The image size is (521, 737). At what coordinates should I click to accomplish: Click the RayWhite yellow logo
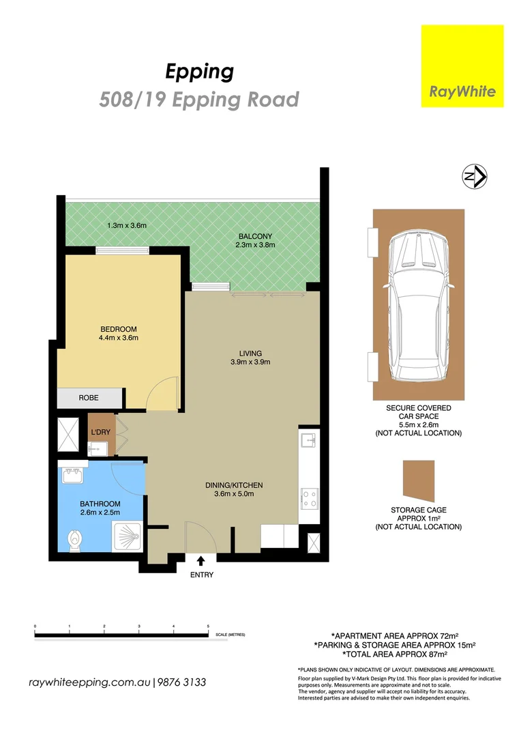[x=462, y=66]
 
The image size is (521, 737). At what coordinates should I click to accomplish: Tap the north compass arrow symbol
[x=474, y=177]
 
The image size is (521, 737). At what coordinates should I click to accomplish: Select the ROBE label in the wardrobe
[x=89, y=396]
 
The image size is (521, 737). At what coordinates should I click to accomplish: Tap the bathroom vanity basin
[x=73, y=472]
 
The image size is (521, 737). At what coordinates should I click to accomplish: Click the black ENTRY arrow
[x=202, y=561]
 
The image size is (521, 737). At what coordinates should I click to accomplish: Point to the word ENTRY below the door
[x=202, y=575]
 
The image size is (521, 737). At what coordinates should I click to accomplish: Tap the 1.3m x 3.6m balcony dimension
[x=128, y=225]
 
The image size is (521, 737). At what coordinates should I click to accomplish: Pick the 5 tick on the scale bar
[x=208, y=626]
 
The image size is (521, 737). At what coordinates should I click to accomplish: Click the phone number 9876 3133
[x=182, y=682]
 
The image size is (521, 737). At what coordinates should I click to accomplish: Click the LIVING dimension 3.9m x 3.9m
[x=250, y=362]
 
